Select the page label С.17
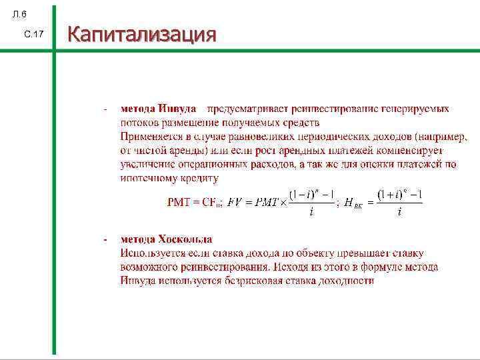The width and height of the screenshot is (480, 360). click(x=33, y=33)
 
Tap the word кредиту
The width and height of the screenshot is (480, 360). click(x=199, y=178)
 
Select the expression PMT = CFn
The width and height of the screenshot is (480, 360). click(x=194, y=203)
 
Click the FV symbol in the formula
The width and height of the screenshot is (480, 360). click(x=235, y=203)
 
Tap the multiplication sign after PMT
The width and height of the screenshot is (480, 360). click(x=283, y=203)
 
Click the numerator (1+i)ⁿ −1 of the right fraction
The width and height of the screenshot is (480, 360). click(x=399, y=195)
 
